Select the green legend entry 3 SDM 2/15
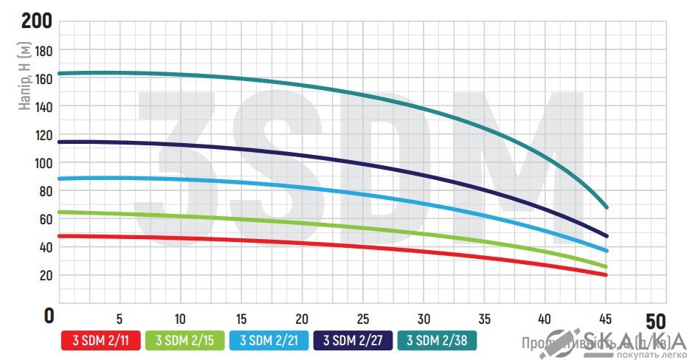(184, 340)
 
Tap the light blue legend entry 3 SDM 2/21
(269, 340)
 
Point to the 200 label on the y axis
(37, 21)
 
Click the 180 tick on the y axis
(44, 51)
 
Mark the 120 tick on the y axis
(44, 135)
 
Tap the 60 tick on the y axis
(45, 219)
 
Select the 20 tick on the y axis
(45, 275)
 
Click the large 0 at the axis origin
(49, 316)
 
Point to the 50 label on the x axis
(655, 322)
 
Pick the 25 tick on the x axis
(362, 319)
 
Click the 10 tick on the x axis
(179, 319)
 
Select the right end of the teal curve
(606, 207)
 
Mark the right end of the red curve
(606, 275)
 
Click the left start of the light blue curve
(59, 179)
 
